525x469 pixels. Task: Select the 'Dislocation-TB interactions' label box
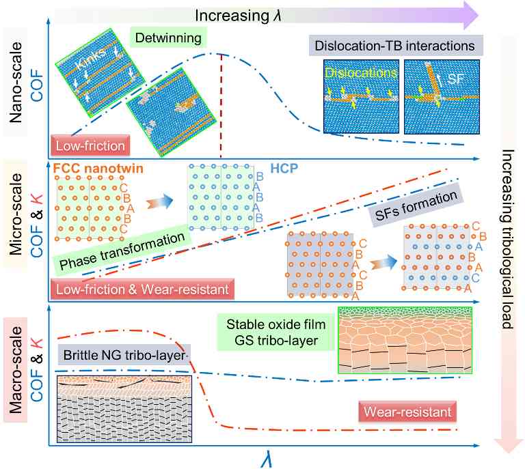click(394, 46)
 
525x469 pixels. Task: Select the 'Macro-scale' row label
click(18, 372)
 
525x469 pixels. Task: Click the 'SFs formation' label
click(416, 207)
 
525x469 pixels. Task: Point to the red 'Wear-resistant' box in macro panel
click(407, 412)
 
